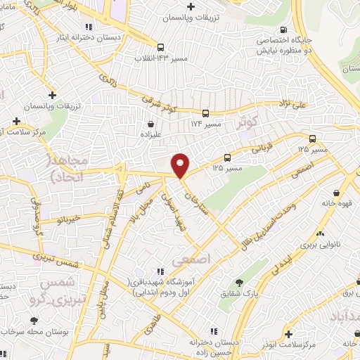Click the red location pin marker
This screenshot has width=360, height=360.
[x=181, y=165]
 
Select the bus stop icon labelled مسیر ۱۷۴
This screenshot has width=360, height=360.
[x=206, y=112]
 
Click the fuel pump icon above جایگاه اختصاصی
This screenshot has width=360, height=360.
[x=283, y=30]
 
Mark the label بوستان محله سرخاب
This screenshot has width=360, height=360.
[x=36, y=331]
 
